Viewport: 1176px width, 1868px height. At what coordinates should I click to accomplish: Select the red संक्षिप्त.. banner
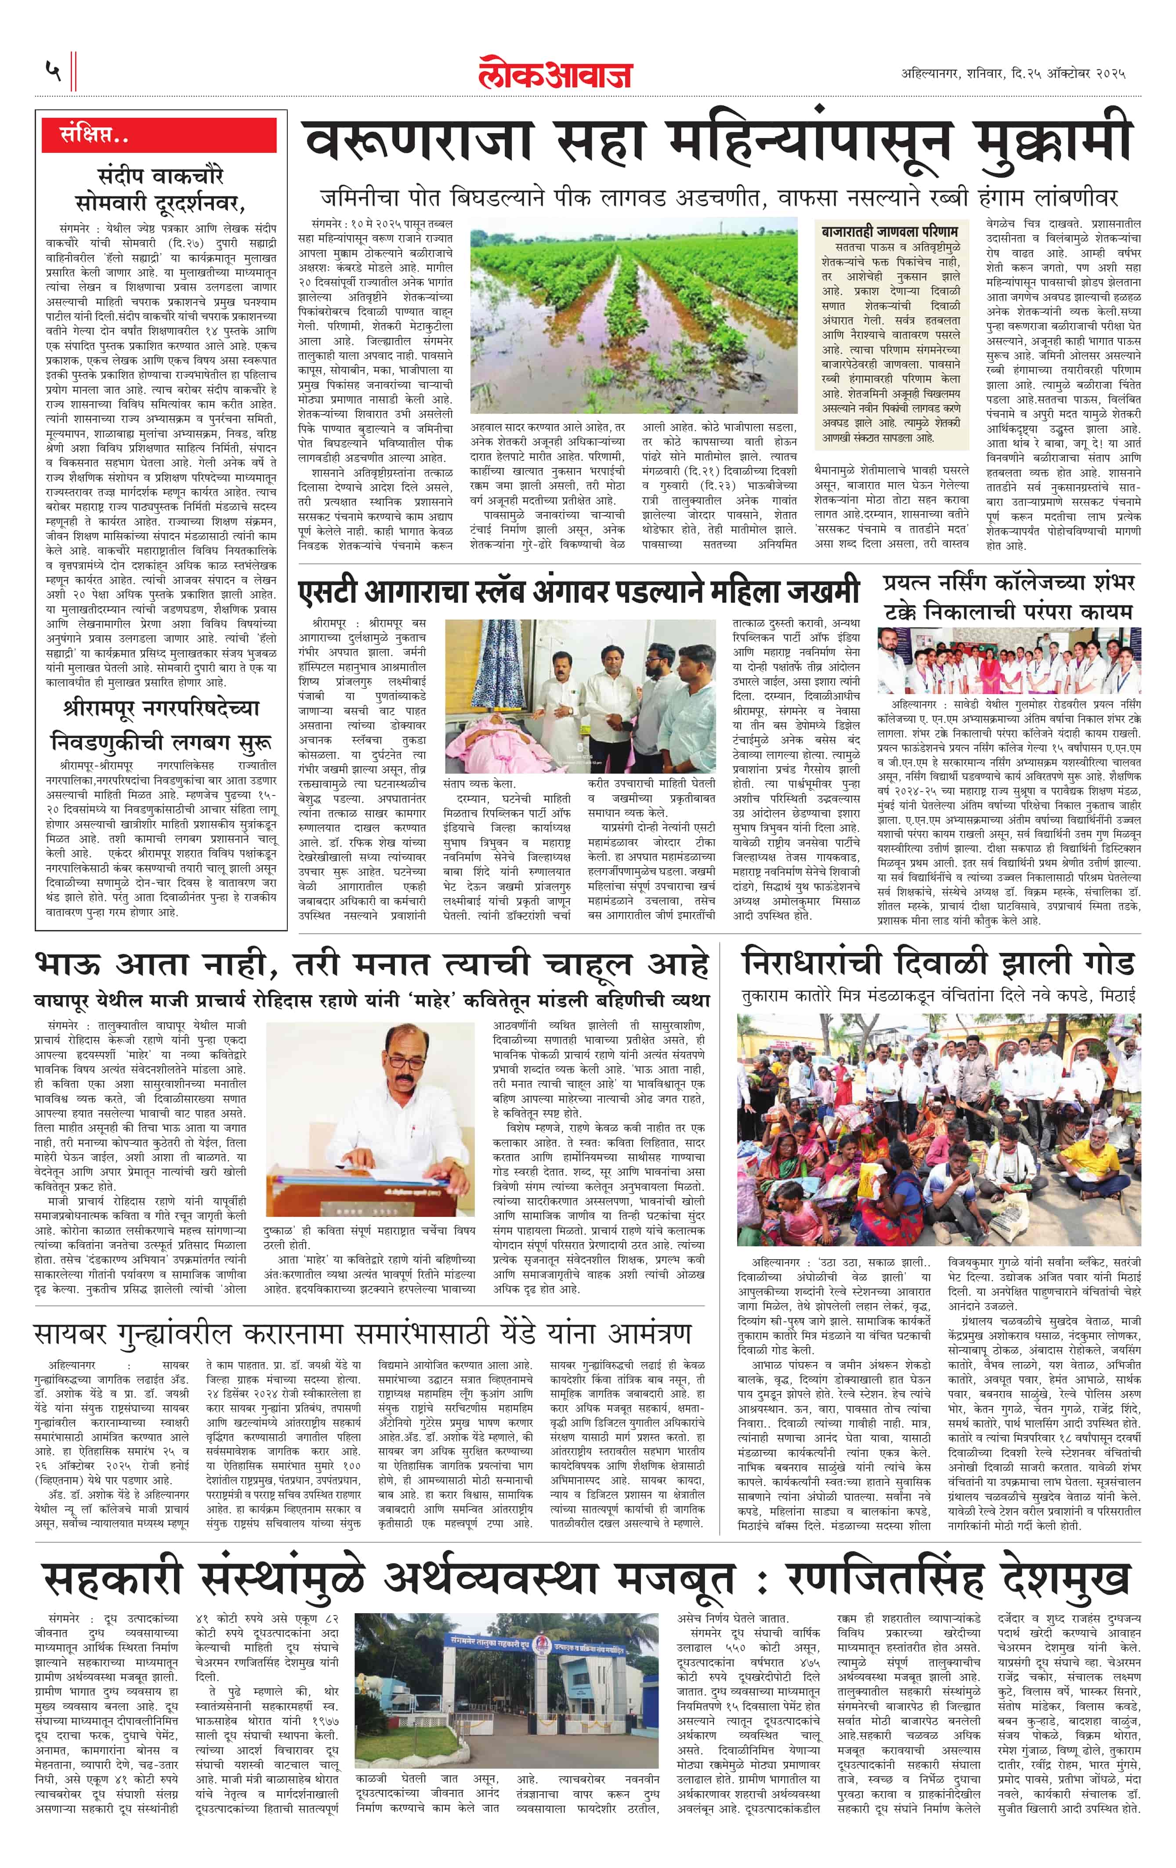[x=159, y=136]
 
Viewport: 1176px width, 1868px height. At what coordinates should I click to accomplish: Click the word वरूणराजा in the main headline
[x=419, y=144]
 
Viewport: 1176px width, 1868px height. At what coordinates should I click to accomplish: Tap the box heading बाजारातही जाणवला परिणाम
[x=890, y=231]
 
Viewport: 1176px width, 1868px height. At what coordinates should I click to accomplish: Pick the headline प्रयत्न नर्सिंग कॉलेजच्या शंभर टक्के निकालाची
[x=1009, y=596]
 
